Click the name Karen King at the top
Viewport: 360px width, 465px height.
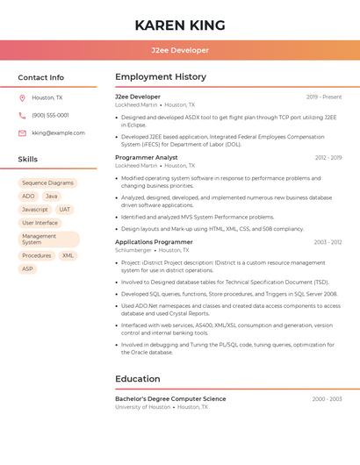tap(180, 25)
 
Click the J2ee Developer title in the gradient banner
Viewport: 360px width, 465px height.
tap(180, 51)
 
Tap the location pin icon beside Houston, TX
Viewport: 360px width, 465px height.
tap(22, 98)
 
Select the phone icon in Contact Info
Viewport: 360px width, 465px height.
tap(22, 116)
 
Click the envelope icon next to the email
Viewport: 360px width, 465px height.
tap(22, 133)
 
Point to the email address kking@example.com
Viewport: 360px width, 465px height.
tap(58, 133)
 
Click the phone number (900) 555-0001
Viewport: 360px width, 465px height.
tap(50, 116)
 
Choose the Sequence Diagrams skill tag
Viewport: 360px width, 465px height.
tap(48, 183)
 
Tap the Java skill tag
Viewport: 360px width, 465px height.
tap(52, 197)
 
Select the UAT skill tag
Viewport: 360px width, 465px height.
tap(65, 210)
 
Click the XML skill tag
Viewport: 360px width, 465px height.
tap(68, 255)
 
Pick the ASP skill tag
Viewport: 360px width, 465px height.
tap(27, 268)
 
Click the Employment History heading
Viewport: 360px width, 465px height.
tap(161, 77)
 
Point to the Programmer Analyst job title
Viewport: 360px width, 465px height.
tap(147, 158)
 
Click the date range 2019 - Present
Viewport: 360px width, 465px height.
tap(324, 97)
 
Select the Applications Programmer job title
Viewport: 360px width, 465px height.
tap(154, 242)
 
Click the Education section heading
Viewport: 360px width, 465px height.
tap(138, 379)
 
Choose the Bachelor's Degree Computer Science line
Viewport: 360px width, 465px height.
tap(170, 399)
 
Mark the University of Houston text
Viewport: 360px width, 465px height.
tap(142, 407)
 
